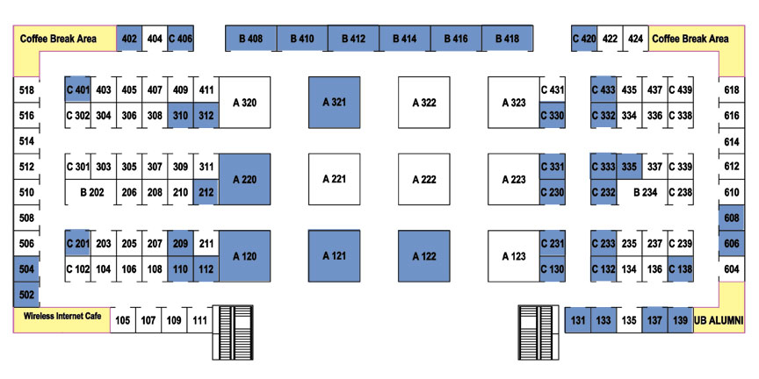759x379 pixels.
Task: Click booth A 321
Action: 335,103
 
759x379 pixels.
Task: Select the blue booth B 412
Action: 353,39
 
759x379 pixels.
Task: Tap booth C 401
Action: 78,89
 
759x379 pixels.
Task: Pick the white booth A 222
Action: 424,179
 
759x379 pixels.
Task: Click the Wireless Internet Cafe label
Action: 62,317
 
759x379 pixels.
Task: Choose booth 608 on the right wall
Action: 732,218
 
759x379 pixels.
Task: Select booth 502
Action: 26,295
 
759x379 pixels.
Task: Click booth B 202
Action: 91,192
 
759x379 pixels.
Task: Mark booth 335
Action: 629,167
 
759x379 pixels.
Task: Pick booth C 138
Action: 680,269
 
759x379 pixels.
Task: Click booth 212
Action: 206,192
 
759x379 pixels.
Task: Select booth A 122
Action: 424,256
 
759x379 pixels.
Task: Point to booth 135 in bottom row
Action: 629,320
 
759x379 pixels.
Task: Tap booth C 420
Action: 584,39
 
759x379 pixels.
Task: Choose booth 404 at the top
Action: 155,39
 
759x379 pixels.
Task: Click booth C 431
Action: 553,89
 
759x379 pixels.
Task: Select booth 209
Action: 181,244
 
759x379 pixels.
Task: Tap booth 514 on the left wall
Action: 26,141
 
